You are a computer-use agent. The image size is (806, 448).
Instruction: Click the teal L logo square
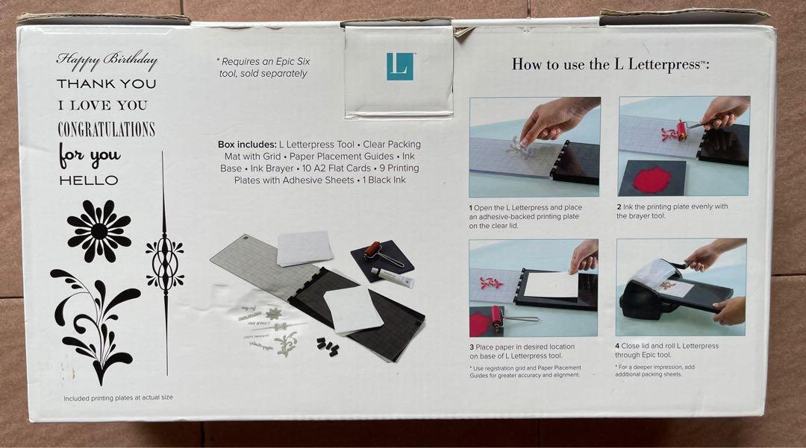[x=400, y=66]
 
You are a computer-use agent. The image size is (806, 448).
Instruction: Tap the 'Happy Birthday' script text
[x=107, y=60]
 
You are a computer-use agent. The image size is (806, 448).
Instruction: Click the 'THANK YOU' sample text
[x=107, y=83]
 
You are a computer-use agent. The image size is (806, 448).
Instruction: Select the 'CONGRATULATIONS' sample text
[x=107, y=129]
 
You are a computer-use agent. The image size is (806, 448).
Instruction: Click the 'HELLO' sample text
[x=88, y=180]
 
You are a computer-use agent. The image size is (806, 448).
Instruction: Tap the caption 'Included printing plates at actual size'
[x=118, y=397]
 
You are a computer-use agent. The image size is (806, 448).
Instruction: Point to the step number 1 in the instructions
[x=472, y=206]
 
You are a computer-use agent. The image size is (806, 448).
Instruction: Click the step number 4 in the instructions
[x=617, y=346]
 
